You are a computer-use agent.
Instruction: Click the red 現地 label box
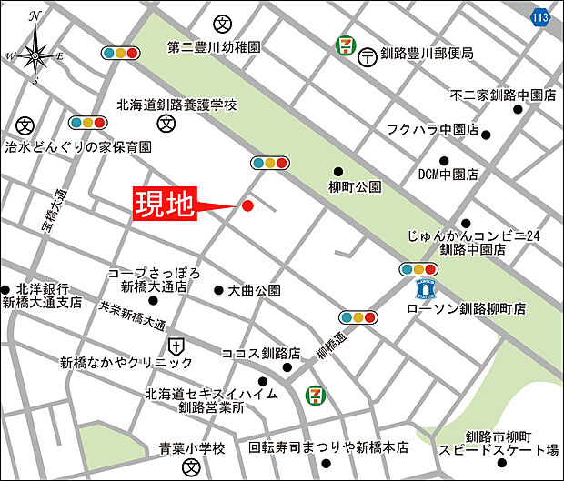(x=166, y=205)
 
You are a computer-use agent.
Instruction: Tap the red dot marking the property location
(x=247, y=205)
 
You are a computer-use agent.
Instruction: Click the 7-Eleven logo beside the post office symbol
(x=345, y=44)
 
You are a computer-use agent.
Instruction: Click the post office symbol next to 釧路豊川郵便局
(x=368, y=55)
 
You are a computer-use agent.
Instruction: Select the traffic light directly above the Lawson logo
(x=418, y=269)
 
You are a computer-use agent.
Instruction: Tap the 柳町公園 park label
(x=355, y=186)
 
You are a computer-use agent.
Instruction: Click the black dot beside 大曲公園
(x=218, y=291)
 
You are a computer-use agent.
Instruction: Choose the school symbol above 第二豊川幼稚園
(x=221, y=23)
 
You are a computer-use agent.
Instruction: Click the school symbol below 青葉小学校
(x=190, y=467)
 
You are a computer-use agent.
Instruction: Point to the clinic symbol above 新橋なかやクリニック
(x=176, y=346)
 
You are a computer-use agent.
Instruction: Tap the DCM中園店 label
(x=447, y=174)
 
